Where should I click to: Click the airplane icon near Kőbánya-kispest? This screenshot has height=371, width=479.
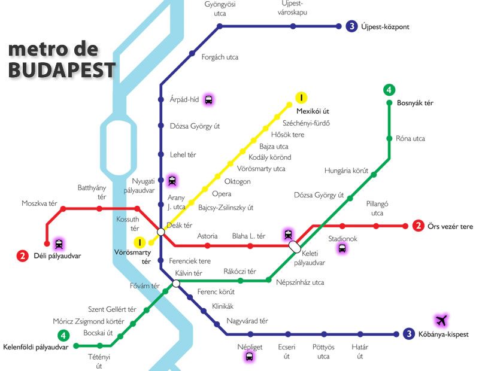pos(442,320)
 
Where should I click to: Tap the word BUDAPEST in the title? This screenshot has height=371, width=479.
pos(62,70)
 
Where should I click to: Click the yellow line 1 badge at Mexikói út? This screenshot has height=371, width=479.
pos(302,98)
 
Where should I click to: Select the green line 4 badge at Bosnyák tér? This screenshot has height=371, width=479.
pos(389,90)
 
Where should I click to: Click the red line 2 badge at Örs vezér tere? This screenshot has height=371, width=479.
pos(419,226)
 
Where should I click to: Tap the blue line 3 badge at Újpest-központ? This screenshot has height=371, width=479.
pos(352,26)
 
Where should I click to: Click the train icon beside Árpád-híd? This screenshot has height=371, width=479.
pos(208,99)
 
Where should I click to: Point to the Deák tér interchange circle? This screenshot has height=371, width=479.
pos(160,232)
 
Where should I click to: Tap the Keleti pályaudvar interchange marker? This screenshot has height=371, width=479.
pos(295,246)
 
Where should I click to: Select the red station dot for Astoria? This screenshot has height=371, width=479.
pos(208,245)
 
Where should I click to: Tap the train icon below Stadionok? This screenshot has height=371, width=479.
pos(342,249)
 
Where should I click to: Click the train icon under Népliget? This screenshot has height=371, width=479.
pos(249,357)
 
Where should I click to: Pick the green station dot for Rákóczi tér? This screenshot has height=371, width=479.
pos(240,280)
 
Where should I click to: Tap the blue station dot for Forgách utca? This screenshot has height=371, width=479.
pos(192,53)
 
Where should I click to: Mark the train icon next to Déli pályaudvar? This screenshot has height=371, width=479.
pos(59,244)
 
